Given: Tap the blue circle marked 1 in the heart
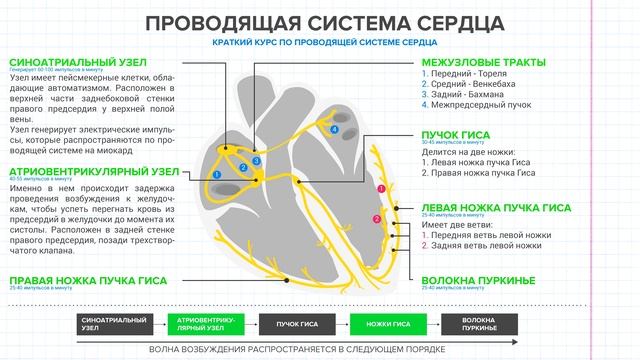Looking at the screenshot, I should tap(217, 175).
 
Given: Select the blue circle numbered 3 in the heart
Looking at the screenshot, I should tap(257, 160).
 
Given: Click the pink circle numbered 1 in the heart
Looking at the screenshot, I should tap(380, 188).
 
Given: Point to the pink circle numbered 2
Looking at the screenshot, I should tap(376, 219).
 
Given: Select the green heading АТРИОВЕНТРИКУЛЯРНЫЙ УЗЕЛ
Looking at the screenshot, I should tap(79, 172).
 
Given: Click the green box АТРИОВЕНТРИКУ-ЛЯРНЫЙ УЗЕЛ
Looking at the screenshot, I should tap(211, 324).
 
